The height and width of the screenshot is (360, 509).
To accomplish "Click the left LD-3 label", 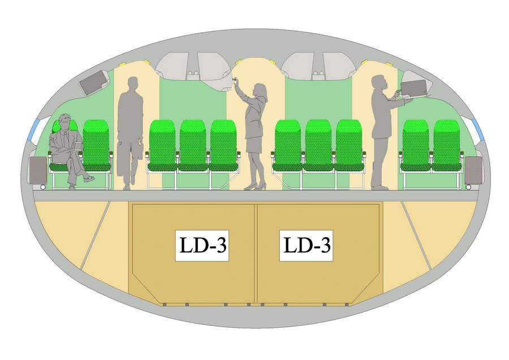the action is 202,246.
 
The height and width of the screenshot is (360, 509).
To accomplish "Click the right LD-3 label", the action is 307,246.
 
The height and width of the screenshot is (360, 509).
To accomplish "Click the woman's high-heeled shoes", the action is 255,186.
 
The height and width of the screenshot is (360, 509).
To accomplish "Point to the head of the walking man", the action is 133,84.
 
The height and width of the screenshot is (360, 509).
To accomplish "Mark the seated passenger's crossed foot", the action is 89,178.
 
